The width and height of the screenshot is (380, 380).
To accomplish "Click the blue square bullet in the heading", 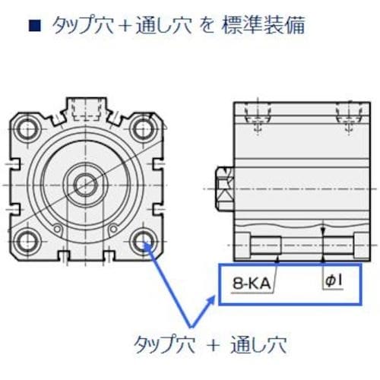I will [33, 26].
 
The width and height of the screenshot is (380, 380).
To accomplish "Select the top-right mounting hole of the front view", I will [143, 126].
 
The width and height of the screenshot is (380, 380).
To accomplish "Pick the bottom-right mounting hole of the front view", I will [143, 242].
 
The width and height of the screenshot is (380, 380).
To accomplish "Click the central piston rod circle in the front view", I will [86, 184].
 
